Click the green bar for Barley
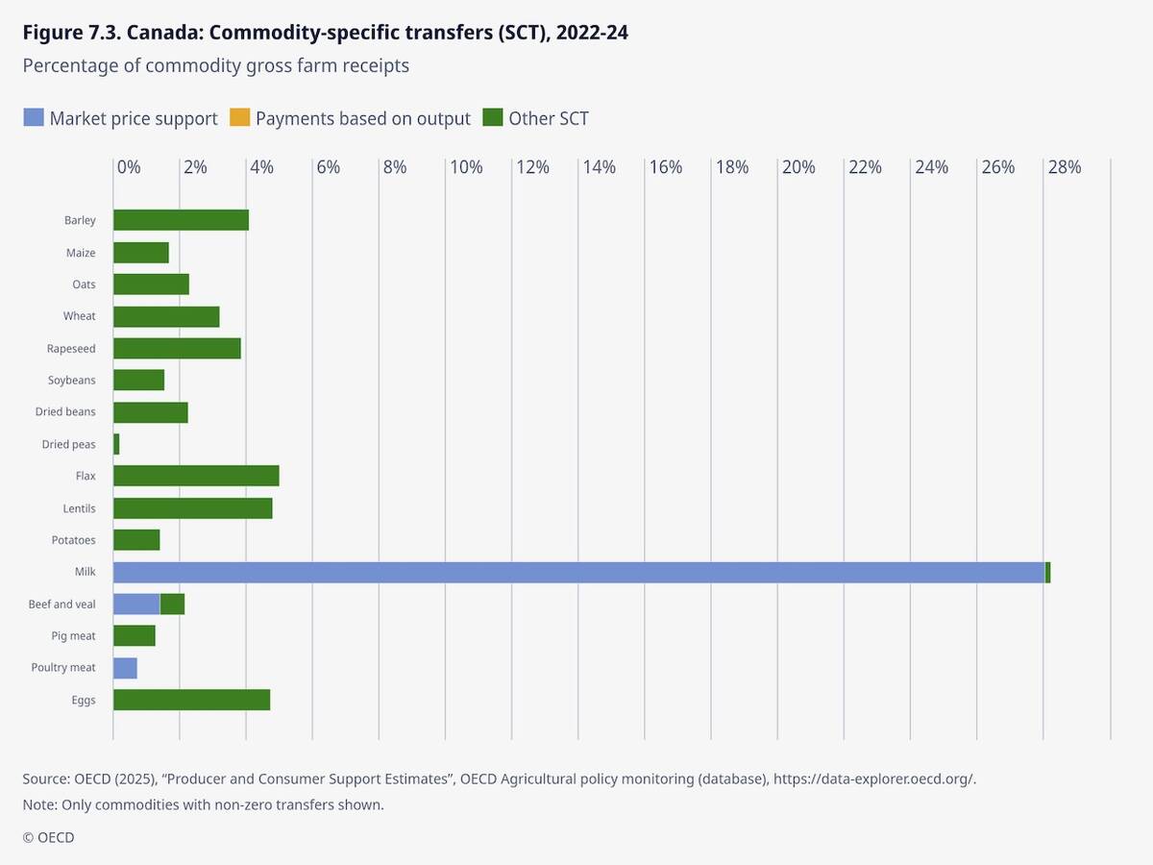tap(181, 220)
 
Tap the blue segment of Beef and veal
tap(136, 604)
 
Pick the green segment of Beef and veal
tap(172, 604)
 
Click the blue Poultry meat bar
tap(125, 668)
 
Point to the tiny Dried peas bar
tap(116, 444)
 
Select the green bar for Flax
tap(196, 476)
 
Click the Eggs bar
tap(191, 700)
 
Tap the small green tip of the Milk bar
tap(1047, 572)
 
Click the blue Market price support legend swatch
tap(33, 118)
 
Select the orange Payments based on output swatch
tap(238, 118)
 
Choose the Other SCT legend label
tap(549, 118)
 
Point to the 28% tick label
tap(1064, 167)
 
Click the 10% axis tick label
tap(466, 167)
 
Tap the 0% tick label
tap(129, 167)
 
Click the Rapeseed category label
tap(71, 348)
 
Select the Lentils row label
tap(78, 508)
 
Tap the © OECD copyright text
tap(48, 837)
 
